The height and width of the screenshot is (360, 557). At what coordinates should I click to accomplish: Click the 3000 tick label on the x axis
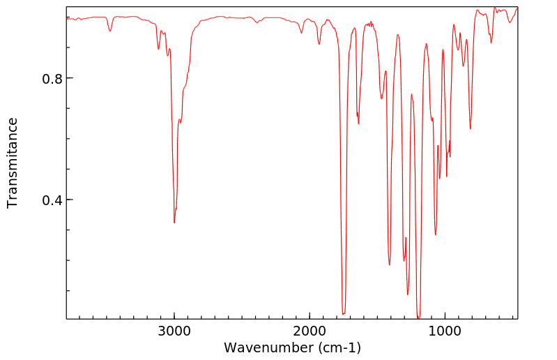coord(174,331)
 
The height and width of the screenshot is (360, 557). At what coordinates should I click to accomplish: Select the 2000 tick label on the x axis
coord(310,331)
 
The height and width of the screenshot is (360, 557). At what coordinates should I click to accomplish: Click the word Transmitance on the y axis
coord(13,163)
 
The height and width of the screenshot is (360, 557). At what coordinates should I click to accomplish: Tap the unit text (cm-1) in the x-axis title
coord(337,347)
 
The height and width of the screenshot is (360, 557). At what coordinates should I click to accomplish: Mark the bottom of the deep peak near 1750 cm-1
coord(343,314)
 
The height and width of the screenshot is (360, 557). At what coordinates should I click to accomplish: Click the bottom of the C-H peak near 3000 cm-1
coord(174,223)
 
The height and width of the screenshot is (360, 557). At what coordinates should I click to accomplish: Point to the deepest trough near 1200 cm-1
coord(418,317)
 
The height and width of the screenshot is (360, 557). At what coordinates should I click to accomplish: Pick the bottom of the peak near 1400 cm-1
coord(390,264)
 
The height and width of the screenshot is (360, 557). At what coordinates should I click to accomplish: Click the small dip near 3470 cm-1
coord(110,31)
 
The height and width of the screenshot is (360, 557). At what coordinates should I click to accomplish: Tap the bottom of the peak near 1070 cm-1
coord(436,234)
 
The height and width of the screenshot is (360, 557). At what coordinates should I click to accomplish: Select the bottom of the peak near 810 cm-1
coord(470,128)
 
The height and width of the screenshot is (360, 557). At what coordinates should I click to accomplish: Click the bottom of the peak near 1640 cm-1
coord(358,123)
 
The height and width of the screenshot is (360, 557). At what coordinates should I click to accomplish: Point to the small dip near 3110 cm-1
coord(159,49)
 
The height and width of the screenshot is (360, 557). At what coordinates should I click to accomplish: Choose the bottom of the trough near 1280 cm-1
coord(408,294)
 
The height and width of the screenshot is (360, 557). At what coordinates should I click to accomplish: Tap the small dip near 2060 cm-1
coord(301,33)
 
